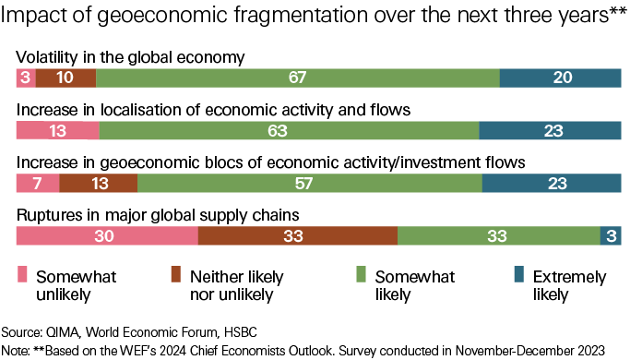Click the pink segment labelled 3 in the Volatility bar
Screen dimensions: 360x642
click(x=26, y=78)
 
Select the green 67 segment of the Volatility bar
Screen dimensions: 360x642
click(x=297, y=78)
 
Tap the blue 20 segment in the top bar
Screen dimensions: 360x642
click(x=561, y=78)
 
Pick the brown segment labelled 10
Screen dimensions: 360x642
click(x=65, y=78)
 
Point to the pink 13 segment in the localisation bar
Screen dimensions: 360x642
click(x=58, y=131)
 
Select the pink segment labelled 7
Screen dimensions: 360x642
click(x=38, y=183)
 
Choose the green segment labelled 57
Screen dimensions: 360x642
click(x=310, y=183)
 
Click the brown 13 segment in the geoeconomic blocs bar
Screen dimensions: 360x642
click(x=99, y=183)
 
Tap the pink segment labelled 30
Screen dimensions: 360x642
click(x=107, y=235)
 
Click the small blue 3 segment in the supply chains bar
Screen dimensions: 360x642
click(x=612, y=235)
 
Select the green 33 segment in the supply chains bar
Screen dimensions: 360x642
click(x=499, y=235)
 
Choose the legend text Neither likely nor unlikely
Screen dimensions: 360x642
click(x=235, y=285)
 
